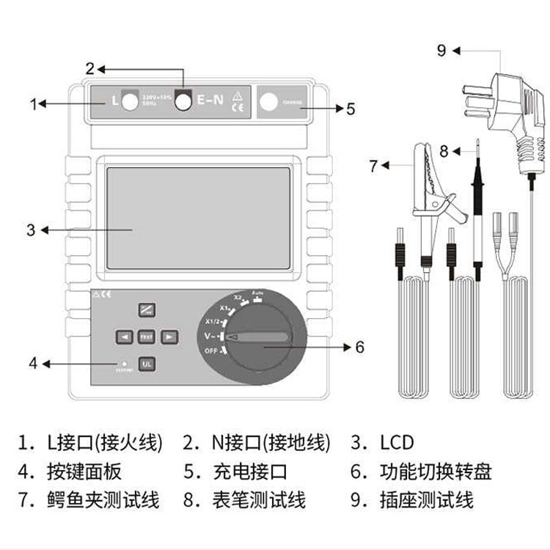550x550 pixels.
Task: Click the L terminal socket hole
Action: pos(131,102)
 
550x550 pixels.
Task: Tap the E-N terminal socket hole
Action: pos(183,102)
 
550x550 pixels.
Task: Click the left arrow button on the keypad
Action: pos(124,337)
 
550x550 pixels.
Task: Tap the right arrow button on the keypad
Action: pos(169,337)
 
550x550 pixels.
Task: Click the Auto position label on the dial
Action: pos(257,293)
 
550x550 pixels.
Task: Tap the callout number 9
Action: pos(441,51)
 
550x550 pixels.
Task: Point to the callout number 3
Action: pos(31,230)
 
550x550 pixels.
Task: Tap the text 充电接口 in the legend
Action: pos(253,472)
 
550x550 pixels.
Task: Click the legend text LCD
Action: pos(397,443)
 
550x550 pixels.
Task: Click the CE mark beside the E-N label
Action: pos(238,108)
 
